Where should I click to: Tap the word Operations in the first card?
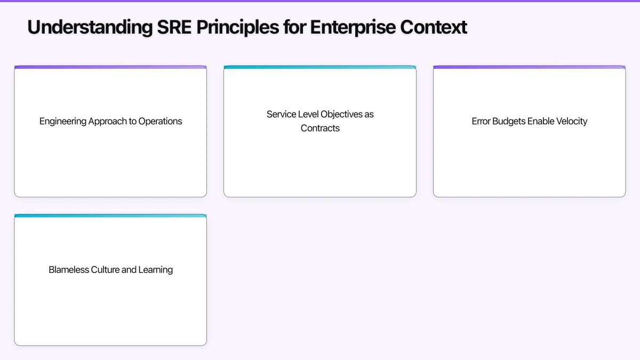pyautogui.click(x=160, y=122)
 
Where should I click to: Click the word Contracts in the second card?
pyautogui.click(x=320, y=128)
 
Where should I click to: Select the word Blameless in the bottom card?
pyautogui.click(x=69, y=270)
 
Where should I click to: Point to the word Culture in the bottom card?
pyautogui.click(x=105, y=270)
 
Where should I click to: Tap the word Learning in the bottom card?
pyautogui.click(x=156, y=270)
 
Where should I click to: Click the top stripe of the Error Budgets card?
pyautogui.click(x=529, y=67)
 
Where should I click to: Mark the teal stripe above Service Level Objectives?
pyautogui.click(x=320, y=67)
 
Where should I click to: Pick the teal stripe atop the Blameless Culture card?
pyautogui.click(x=110, y=215)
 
